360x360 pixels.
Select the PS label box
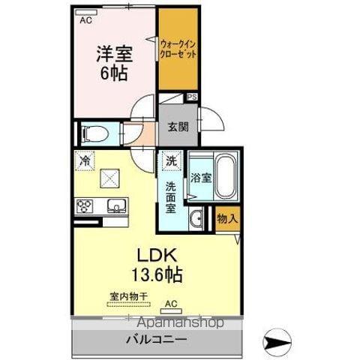pyautogui.click(x=192, y=97)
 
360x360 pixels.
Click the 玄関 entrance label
pyautogui.click(x=178, y=127)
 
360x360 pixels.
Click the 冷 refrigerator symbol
pyautogui.click(x=85, y=160)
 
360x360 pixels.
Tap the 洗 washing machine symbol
pyautogui.click(x=171, y=160)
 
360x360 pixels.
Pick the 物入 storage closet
pyautogui.click(x=226, y=218)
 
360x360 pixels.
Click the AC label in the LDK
pyautogui.click(x=171, y=304)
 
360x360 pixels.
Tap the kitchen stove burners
pyautogui.click(x=85, y=205)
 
